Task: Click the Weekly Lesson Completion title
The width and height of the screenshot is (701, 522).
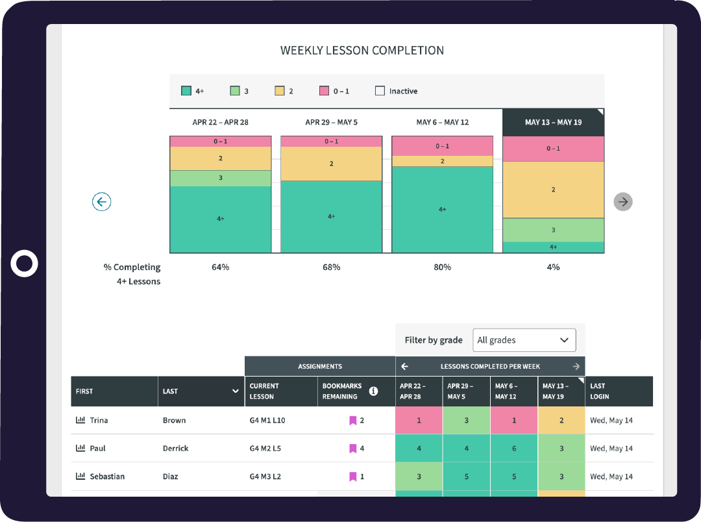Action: pos(362,51)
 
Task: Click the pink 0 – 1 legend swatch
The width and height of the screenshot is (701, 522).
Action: pos(325,92)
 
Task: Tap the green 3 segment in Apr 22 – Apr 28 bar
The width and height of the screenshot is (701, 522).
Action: pos(221,178)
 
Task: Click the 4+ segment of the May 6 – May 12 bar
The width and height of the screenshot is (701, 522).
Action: pos(442,210)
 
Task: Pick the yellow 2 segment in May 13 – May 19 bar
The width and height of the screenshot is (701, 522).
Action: pos(553,190)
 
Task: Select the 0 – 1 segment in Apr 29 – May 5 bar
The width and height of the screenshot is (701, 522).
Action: pos(331,142)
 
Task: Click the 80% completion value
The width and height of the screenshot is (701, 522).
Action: pos(442,267)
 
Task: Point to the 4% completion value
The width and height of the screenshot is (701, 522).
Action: pos(553,267)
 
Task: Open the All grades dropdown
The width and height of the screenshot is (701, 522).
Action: pos(524,340)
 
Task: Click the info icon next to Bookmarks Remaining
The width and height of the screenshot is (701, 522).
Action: pos(373,391)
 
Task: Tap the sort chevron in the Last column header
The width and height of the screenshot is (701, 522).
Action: pos(235,391)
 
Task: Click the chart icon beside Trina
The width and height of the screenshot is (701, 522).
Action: pos(80,420)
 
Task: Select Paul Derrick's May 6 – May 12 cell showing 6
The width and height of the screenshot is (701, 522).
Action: pos(514,449)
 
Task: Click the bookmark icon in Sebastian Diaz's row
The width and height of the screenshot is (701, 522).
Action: pos(352,477)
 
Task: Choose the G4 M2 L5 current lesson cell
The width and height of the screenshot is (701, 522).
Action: pos(265,449)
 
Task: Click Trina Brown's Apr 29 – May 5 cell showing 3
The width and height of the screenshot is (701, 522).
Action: pos(466,421)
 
